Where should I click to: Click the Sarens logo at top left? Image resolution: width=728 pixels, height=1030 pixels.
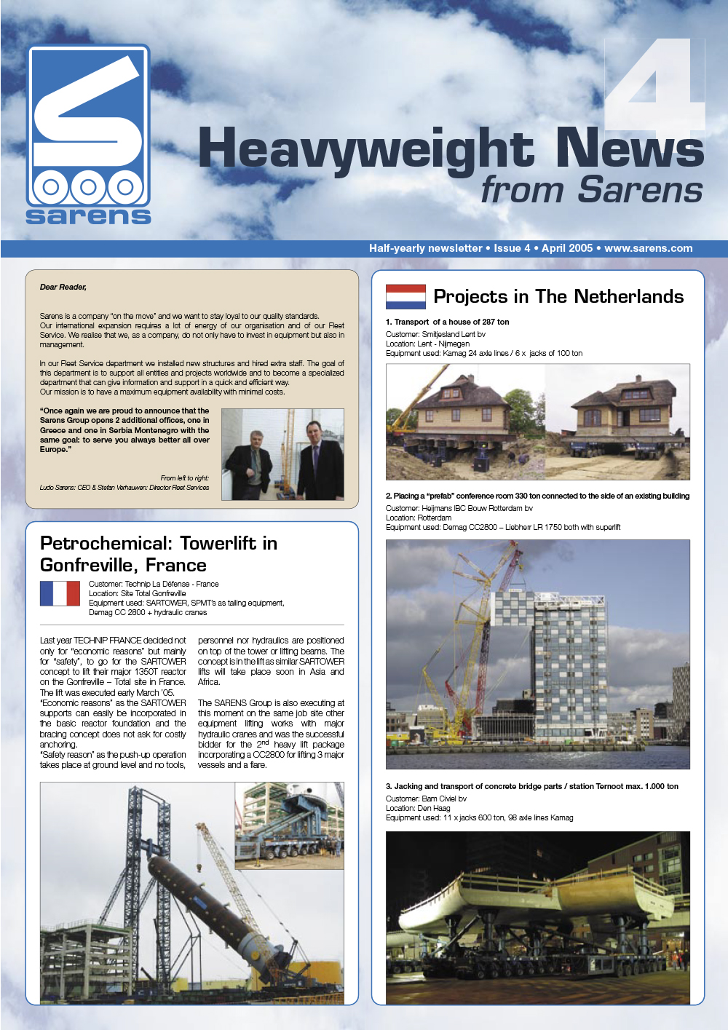click(x=88, y=135)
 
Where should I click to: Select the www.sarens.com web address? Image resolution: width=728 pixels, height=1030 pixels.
click(x=648, y=248)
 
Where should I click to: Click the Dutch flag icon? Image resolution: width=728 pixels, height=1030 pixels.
click(x=405, y=297)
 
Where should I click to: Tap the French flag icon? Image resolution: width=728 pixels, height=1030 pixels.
click(x=60, y=593)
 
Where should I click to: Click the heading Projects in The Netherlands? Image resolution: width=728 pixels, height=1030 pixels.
click(x=558, y=296)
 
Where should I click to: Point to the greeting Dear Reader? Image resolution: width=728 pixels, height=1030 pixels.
click(x=63, y=287)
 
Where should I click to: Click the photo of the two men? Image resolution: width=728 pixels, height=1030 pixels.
click(x=282, y=454)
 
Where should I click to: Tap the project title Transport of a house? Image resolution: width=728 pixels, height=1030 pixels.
click(x=448, y=322)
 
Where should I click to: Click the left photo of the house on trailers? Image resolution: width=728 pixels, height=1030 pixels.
click(x=464, y=421)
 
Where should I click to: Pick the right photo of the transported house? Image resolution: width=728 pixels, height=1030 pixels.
click(x=617, y=421)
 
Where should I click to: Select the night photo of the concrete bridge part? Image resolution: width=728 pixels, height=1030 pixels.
click(x=537, y=917)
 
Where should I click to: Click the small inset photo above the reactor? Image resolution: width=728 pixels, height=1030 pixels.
click(x=289, y=825)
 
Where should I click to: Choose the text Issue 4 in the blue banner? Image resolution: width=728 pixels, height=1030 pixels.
click(x=512, y=248)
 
